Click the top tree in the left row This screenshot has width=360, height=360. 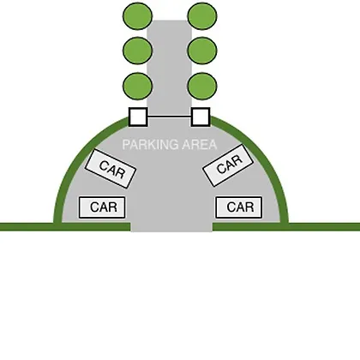click(x=137, y=16)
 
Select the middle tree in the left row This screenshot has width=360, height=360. click(x=137, y=51)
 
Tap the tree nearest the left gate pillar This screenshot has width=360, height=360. click(x=137, y=86)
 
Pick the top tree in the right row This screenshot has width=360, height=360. click(x=202, y=16)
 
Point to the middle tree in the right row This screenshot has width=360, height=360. click(x=202, y=51)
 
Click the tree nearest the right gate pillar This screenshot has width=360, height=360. click(x=202, y=86)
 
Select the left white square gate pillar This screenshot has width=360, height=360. click(x=138, y=117)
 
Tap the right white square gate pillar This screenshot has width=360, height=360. click(x=201, y=117)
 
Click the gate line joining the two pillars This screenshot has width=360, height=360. click(x=170, y=117)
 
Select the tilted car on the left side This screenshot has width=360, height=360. click(x=111, y=169)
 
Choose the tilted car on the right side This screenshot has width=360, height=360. click(x=228, y=165)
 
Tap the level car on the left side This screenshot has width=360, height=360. click(x=102, y=207)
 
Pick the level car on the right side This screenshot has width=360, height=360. click(x=239, y=207)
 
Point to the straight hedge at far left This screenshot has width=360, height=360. click(x=65, y=226)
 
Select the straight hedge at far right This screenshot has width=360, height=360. click(x=286, y=226)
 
